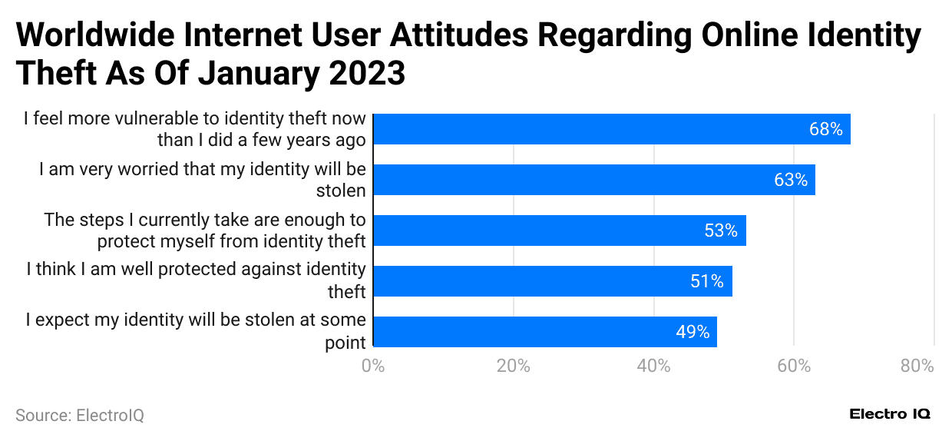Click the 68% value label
click(825, 129)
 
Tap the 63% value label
click(791, 180)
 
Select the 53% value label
click(721, 230)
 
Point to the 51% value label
click(707, 281)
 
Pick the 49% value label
click(693, 332)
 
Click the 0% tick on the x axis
click(373, 366)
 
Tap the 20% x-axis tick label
click(513, 366)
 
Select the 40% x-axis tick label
click(653, 366)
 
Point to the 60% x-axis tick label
click(794, 366)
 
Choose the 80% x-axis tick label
click(917, 366)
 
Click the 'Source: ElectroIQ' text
click(80, 416)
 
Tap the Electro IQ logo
click(890, 414)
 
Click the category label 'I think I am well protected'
click(196, 280)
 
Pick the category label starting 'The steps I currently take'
click(204, 230)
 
